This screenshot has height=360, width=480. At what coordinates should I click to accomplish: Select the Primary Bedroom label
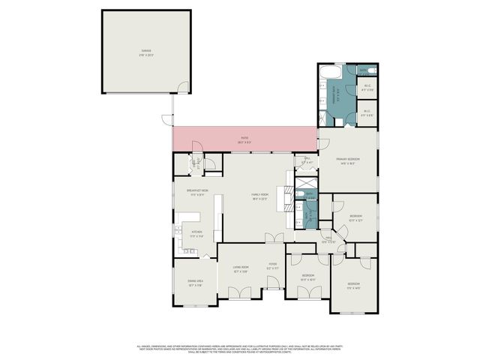348,160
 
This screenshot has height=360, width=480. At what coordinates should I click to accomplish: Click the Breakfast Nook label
197,193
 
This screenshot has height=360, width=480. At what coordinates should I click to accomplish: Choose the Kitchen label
196,234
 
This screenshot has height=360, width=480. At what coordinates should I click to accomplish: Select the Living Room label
240,270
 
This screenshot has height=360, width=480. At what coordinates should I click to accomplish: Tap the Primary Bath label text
338,95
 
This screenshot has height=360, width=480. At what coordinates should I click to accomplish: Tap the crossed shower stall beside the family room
306,183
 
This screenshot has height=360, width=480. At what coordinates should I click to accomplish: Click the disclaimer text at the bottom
240,349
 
